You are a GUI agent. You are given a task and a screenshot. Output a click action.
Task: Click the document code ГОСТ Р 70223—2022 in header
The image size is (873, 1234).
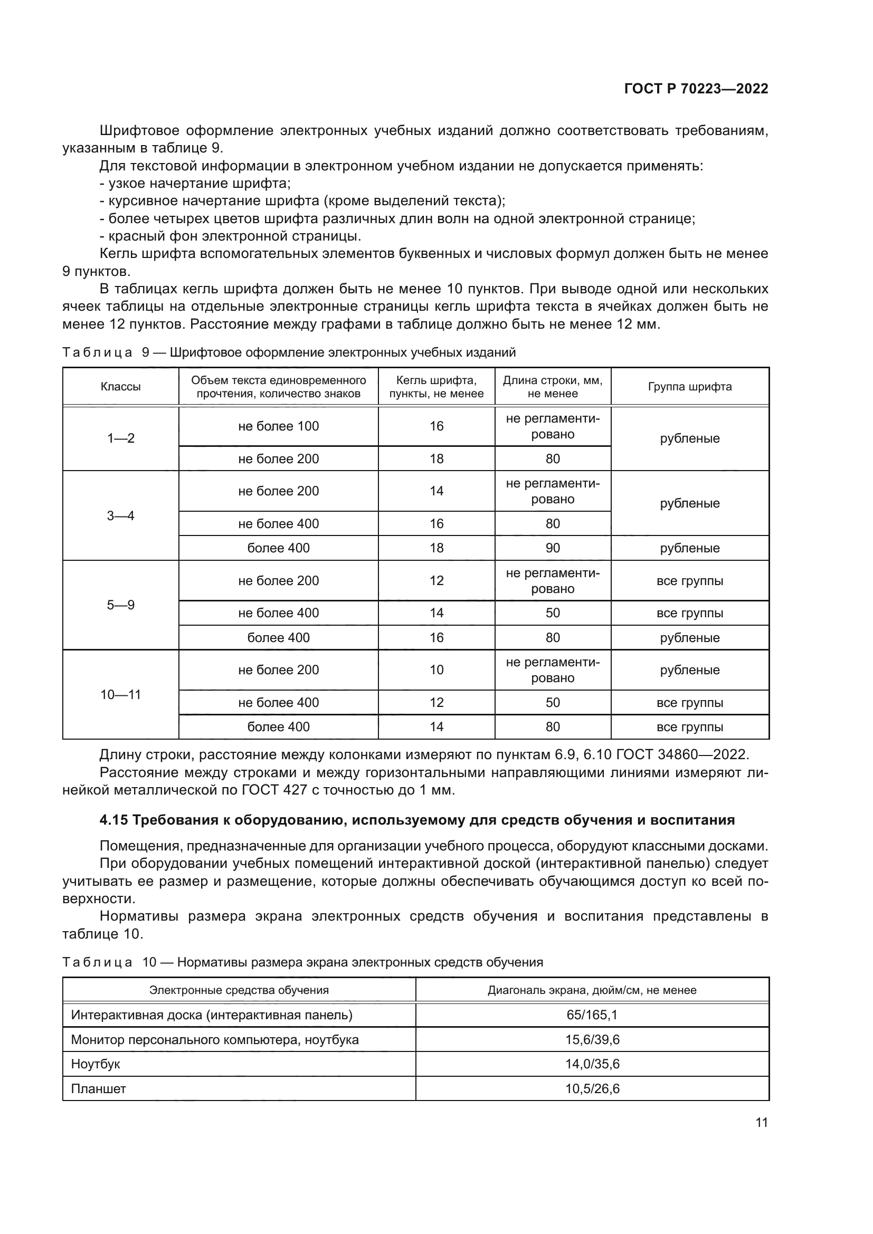tap(696, 89)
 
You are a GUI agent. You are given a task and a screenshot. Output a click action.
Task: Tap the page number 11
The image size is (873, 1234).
tap(761, 1122)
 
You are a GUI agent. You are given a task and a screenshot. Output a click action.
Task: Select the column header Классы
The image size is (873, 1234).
tap(120, 386)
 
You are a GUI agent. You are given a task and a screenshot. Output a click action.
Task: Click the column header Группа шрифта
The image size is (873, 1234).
tap(690, 386)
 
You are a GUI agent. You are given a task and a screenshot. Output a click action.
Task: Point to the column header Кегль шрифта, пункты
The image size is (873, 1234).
tap(436, 387)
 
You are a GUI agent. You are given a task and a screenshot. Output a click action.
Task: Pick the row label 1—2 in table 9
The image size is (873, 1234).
tap(120, 438)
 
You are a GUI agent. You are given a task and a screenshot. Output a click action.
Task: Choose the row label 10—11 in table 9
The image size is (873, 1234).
tap(120, 694)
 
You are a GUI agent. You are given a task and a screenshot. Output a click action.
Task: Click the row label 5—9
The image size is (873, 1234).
tap(120, 605)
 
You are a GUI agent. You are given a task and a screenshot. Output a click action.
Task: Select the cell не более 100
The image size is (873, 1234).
tap(279, 426)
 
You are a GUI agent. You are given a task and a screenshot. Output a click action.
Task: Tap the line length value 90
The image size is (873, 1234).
tap(553, 548)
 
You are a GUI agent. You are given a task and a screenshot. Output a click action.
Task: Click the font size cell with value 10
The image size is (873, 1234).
tap(436, 669)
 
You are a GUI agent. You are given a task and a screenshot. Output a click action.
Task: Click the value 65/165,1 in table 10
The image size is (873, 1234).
tap(592, 1015)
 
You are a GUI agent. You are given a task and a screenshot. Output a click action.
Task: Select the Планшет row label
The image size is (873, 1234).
tap(98, 1088)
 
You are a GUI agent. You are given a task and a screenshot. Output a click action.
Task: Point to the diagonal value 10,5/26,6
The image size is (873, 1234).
tap(592, 1088)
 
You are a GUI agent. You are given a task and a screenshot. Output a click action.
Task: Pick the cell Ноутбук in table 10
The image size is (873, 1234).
tap(96, 1064)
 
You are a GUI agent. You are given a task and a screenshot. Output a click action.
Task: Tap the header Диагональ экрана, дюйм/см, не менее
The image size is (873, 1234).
tap(592, 990)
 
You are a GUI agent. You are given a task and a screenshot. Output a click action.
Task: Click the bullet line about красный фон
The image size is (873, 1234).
tap(231, 236)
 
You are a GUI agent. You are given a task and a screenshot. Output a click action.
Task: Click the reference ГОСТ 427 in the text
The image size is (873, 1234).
tap(269, 790)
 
